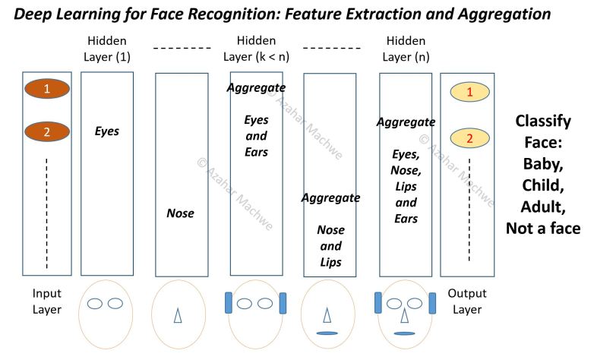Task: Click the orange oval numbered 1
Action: click(x=46, y=89)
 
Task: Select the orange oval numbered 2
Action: click(x=46, y=131)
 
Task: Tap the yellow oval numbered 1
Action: click(x=469, y=92)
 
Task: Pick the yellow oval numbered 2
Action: click(x=469, y=138)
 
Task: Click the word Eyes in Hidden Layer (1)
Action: click(x=107, y=131)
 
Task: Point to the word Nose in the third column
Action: click(x=180, y=213)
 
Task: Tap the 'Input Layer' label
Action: click(x=46, y=302)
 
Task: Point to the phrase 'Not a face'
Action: click(x=543, y=227)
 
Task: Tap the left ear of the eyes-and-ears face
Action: click(x=228, y=302)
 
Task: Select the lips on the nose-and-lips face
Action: click(x=327, y=333)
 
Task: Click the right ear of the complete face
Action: click(x=432, y=302)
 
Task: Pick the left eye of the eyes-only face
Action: click(x=95, y=304)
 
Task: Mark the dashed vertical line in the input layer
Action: click(x=46, y=213)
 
